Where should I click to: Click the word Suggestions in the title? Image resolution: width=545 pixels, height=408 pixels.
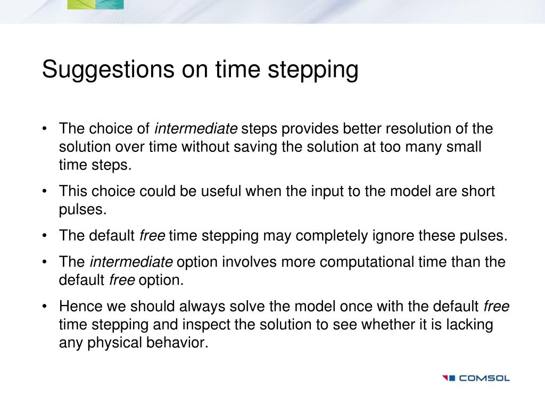(108, 70)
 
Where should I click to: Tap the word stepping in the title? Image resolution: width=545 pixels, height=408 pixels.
(313, 70)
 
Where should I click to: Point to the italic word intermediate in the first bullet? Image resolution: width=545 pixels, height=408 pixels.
(196, 129)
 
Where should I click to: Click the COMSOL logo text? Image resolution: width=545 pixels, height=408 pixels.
(484, 378)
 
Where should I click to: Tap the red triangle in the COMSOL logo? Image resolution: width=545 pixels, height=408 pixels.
(445, 378)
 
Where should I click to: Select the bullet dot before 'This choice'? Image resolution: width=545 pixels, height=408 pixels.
(44, 191)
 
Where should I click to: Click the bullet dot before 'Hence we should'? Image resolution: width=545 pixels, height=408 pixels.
(44, 307)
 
